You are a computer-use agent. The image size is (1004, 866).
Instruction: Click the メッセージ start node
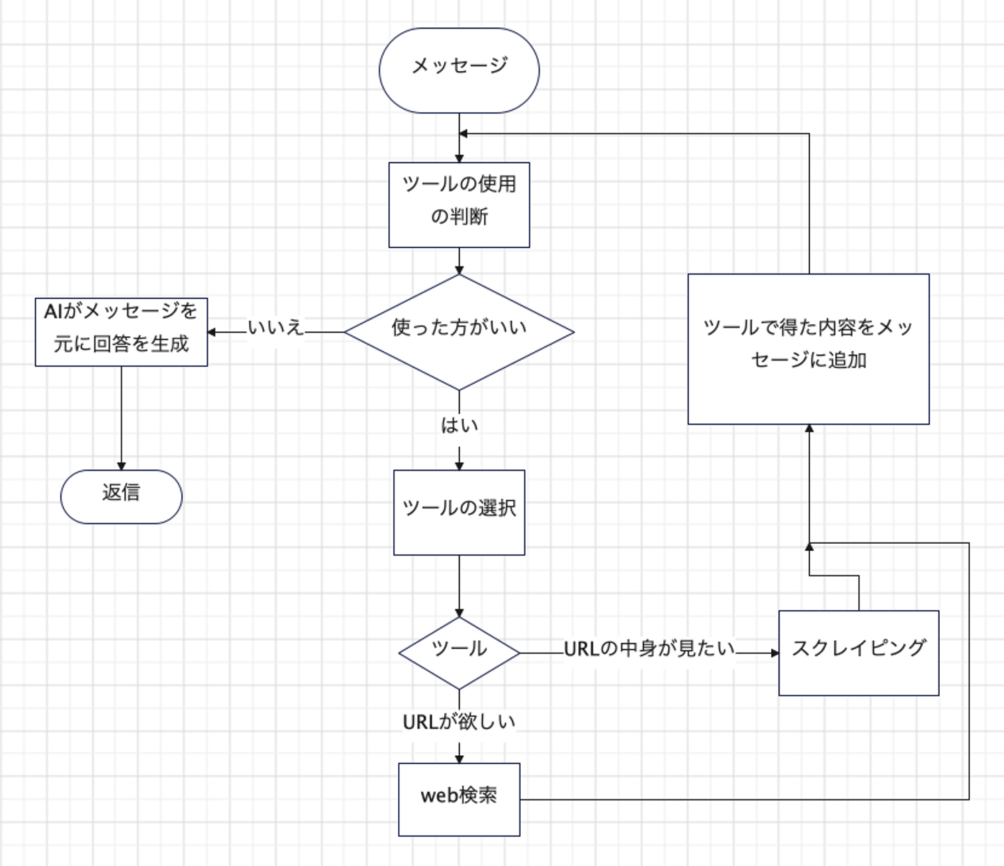click(x=459, y=70)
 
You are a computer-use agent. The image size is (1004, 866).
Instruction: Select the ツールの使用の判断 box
click(x=459, y=204)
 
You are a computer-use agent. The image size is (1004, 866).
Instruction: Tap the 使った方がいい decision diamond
click(x=459, y=331)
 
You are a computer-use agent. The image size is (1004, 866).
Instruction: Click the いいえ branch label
click(x=276, y=327)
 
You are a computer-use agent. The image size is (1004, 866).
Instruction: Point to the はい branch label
click(x=459, y=425)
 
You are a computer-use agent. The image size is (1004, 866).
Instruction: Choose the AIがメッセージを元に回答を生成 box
click(x=121, y=332)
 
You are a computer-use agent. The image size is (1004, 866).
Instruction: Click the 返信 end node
click(x=121, y=496)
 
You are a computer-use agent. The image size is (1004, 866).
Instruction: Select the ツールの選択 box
click(x=459, y=512)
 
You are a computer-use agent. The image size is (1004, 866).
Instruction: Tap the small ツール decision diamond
click(x=459, y=653)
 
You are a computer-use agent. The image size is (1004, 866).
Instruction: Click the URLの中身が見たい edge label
click(x=649, y=649)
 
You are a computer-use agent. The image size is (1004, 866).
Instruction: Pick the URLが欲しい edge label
click(x=459, y=722)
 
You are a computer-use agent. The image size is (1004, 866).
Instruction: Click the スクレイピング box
click(x=858, y=653)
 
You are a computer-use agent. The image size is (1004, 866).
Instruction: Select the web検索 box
click(x=459, y=799)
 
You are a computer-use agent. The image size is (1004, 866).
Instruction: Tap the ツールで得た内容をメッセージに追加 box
click(x=808, y=349)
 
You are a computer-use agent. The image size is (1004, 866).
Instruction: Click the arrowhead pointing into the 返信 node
click(x=121, y=465)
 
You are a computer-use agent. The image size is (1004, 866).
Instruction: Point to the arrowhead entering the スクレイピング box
click(x=774, y=653)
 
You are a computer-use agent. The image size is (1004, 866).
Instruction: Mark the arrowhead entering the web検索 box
click(x=459, y=758)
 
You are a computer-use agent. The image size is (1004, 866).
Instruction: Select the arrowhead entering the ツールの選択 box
click(x=459, y=465)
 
